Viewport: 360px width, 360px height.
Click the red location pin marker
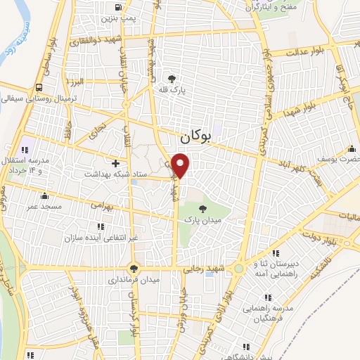181,165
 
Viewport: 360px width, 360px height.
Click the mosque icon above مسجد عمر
46,196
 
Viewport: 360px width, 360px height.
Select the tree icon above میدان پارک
202,209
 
